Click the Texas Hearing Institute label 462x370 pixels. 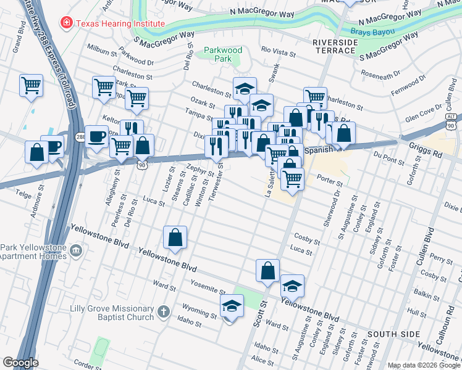[x=120, y=23]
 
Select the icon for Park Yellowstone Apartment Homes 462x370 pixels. [x=76, y=251]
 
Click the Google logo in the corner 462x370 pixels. [x=20, y=362]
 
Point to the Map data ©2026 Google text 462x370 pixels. [x=424, y=365]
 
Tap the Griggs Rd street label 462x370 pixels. [x=426, y=149]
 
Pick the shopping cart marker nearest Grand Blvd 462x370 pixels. [x=31, y=86]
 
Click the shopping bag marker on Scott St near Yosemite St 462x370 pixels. [x=268, y=271]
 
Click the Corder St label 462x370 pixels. [x=86, y=366]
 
